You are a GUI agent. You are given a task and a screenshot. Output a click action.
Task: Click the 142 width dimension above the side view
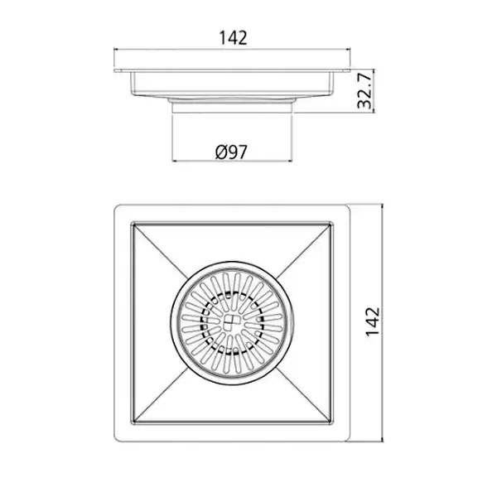click(233, 38)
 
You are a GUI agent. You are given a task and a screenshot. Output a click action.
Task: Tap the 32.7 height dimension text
click(364, 90)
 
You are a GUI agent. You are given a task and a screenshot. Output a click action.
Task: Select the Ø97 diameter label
click(231, 152)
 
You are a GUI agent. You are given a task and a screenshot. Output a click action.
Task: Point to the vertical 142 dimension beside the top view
click(372, 321)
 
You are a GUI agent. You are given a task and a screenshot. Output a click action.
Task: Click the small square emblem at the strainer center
click(232, 323)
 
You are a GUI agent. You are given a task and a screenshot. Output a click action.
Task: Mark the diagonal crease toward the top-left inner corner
click(159, 249)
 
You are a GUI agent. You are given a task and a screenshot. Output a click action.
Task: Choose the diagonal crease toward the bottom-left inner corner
click(159, 396)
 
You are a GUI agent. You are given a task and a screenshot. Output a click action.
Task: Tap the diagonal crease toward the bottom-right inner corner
click(304, 395)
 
